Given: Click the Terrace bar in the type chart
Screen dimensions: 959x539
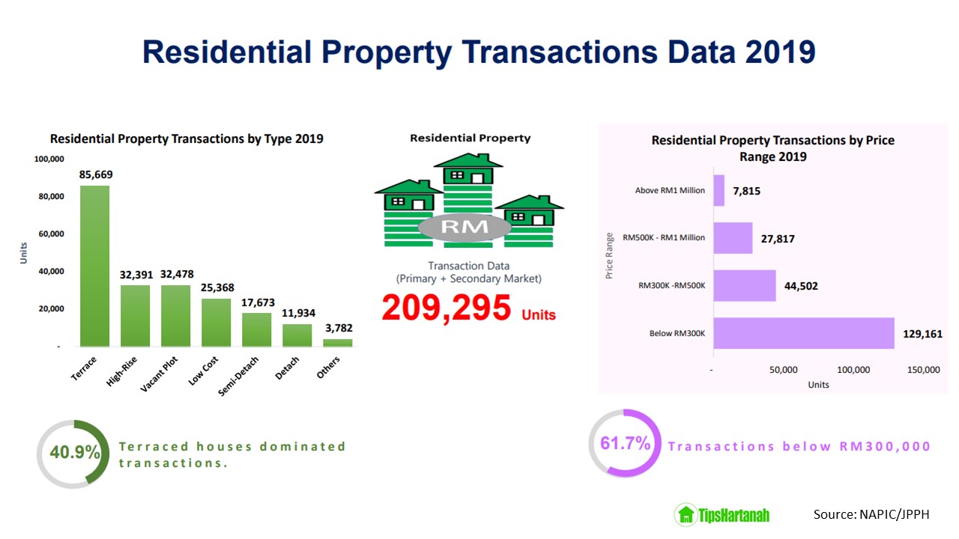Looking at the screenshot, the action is click(x=94, y=266).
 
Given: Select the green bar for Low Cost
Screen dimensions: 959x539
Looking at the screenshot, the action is click(x=217, y=323).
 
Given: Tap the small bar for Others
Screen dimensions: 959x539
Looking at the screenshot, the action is click(x=338, y=343).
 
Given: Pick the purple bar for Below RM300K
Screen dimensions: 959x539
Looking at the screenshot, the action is click(x=804, y=333).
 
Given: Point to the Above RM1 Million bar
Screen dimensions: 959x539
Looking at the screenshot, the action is click(x=719, y=190).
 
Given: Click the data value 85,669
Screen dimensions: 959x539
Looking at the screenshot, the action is click(x=96, y=174).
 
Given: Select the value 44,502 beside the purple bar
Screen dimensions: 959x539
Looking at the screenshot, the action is click(x=801, y=286).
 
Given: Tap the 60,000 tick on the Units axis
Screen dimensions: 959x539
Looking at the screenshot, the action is click(x=52, y=234).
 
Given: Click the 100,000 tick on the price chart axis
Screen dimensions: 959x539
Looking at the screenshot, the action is click(x=853, y=370).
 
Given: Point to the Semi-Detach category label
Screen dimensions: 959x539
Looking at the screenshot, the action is click(x=238, y=376).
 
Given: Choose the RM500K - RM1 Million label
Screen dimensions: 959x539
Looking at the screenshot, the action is click(x=664, y=237).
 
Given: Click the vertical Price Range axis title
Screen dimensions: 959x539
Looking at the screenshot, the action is click(x=609, y=256).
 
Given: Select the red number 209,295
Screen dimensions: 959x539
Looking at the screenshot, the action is click(x=446, y=308).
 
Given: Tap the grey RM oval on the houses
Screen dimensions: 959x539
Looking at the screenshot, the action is click(x=465, y=227).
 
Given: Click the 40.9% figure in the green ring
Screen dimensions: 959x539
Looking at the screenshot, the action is click(x=75, y=451).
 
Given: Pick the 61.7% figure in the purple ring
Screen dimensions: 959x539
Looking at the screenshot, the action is click(x=626, y=443).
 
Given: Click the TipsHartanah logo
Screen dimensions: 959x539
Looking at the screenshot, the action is click(x=721, y=514).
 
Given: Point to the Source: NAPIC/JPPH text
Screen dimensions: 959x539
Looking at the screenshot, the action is click(x=871, y=514).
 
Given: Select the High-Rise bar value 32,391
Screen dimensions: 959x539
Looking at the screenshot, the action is click(x=136, y=275).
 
